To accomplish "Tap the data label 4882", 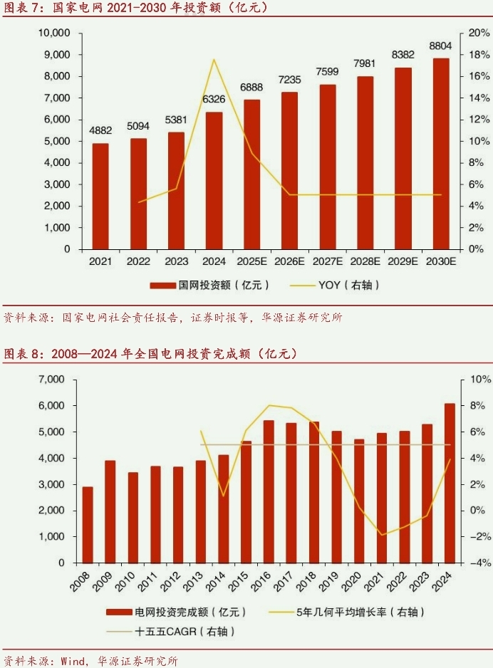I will coord(100,130).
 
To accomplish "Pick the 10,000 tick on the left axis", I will coord(54,33).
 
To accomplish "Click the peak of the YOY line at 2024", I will coord(214,59).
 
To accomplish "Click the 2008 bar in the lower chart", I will coord(87,525).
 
